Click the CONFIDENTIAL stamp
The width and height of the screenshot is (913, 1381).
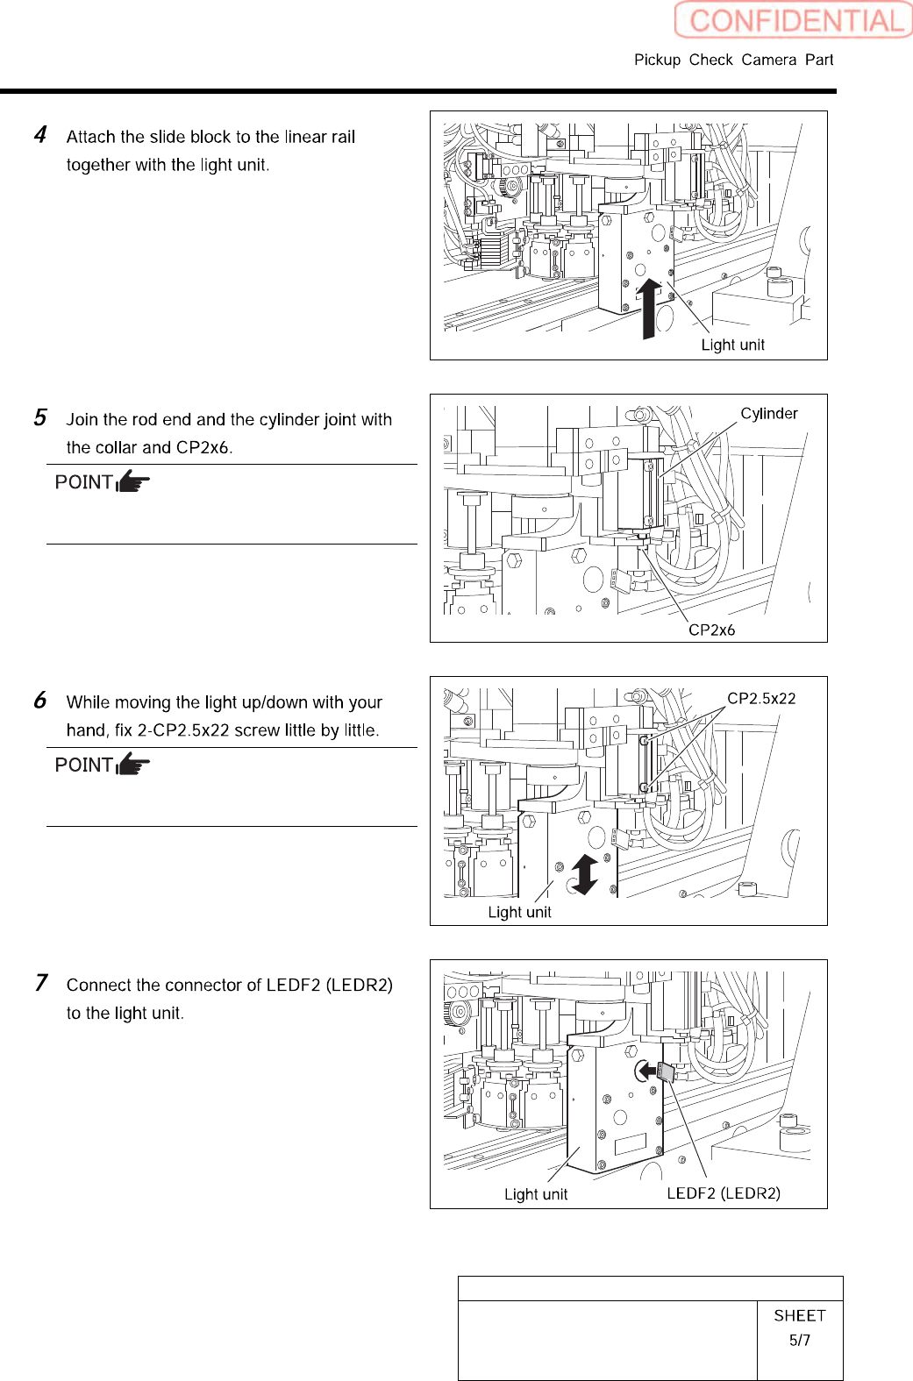794,20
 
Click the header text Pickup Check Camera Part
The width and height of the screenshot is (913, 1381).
733,60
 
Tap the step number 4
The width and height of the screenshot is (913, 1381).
40,135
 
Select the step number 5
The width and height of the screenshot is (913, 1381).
40,417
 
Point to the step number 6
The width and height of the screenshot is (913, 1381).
40,701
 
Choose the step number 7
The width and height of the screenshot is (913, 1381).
40,983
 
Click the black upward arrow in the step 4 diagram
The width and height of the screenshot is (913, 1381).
648,308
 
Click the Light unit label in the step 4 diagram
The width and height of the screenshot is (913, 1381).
732,345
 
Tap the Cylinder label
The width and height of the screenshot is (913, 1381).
768,413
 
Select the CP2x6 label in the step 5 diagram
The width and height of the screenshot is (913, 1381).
711,630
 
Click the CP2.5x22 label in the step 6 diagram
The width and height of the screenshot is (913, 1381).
761,698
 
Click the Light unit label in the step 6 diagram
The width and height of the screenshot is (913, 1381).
519,912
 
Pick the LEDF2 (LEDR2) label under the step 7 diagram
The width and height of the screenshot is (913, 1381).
723,1193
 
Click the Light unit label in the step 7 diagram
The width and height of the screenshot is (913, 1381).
535,1194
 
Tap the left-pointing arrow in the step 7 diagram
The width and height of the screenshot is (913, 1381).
646,1071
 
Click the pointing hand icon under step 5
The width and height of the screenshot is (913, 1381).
132,481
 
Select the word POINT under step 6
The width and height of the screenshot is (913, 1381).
83,765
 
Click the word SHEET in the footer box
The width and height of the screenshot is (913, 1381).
799,1315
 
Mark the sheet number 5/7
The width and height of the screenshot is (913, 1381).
799,1340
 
